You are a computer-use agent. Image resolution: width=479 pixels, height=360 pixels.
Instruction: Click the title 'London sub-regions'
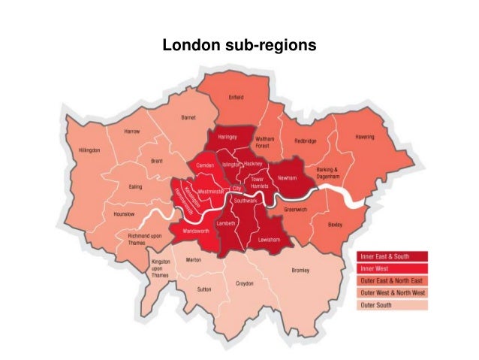pos(239,46)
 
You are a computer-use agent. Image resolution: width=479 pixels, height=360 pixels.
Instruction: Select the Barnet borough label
pos(188,118)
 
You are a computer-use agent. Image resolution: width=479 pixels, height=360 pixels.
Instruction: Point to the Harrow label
pos(132,132)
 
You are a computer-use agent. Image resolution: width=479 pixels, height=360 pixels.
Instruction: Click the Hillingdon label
pos(89,150)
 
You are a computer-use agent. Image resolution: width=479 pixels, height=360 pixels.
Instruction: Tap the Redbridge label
pos(306,141)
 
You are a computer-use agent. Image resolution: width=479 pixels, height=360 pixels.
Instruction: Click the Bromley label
pos(300,271)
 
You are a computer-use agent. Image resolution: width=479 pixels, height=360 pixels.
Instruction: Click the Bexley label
pos(335,224)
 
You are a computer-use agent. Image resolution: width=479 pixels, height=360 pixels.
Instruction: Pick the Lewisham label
pos(269,239)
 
